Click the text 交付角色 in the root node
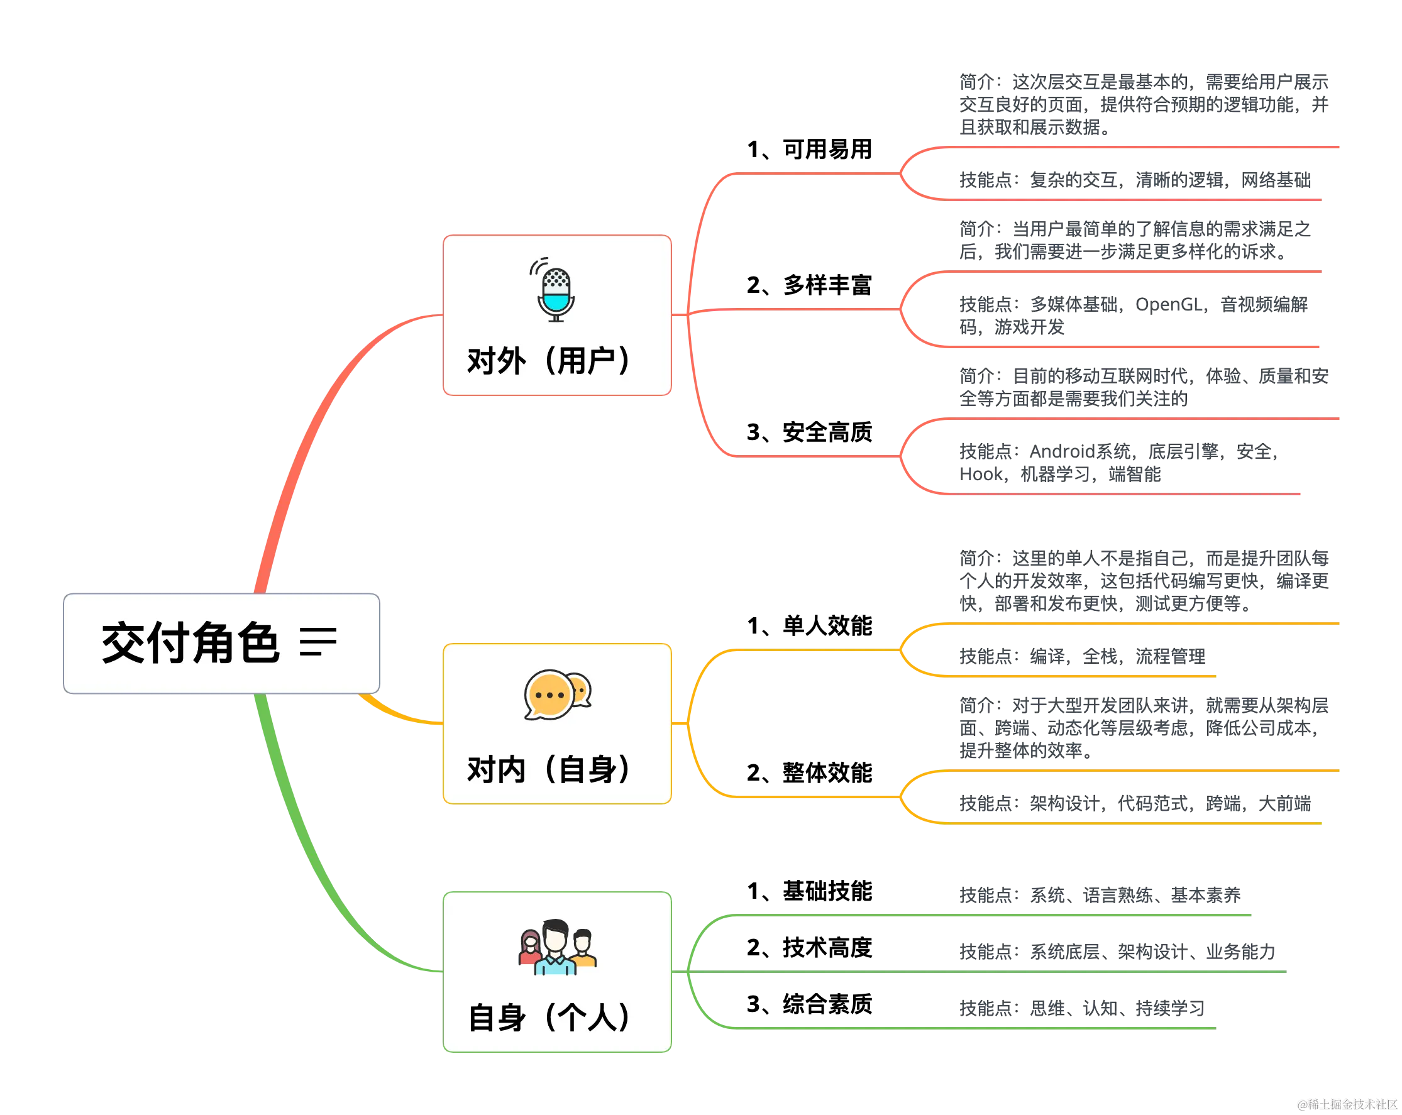190,643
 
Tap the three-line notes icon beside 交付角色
318,642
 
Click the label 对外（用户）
548,361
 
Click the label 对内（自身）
548,770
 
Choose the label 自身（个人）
548,1018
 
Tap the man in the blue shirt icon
555,948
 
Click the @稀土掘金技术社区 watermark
1346,1103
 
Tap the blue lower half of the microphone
556,302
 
